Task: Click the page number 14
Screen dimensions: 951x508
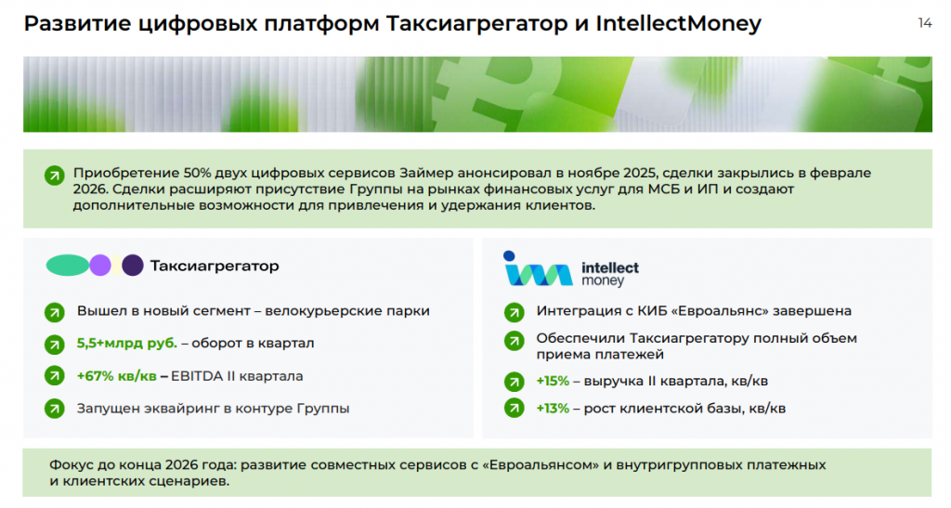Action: tap(925, 23)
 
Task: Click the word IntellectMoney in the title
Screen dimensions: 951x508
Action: tap(678, 23)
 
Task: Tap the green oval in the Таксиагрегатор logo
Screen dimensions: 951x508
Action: tap(67, 266)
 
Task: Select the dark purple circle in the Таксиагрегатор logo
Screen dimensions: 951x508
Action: tap(132, 266)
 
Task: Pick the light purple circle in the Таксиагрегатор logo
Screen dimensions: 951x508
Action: tap(100, 266)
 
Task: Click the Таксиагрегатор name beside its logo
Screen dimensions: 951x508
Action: tap(215, 266)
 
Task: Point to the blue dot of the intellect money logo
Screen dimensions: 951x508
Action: tap(509, 255)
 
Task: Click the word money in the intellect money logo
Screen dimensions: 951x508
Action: tap(602, 280)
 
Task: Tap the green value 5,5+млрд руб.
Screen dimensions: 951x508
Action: tap(126, 343)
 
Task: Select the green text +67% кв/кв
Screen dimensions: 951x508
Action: tap(116, 376)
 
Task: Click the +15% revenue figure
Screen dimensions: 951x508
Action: tap(553, 382)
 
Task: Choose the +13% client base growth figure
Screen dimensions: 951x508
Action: tap(553, 409)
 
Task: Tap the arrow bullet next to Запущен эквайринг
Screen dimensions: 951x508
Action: tap(55, 409)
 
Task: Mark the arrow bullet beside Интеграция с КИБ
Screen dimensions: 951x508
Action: tap(515, 312)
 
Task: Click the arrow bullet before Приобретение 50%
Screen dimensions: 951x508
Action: tap(55, 176)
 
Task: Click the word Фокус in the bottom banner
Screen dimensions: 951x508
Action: tap(71, 465)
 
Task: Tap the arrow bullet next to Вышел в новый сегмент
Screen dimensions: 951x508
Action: tap(55, 312)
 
